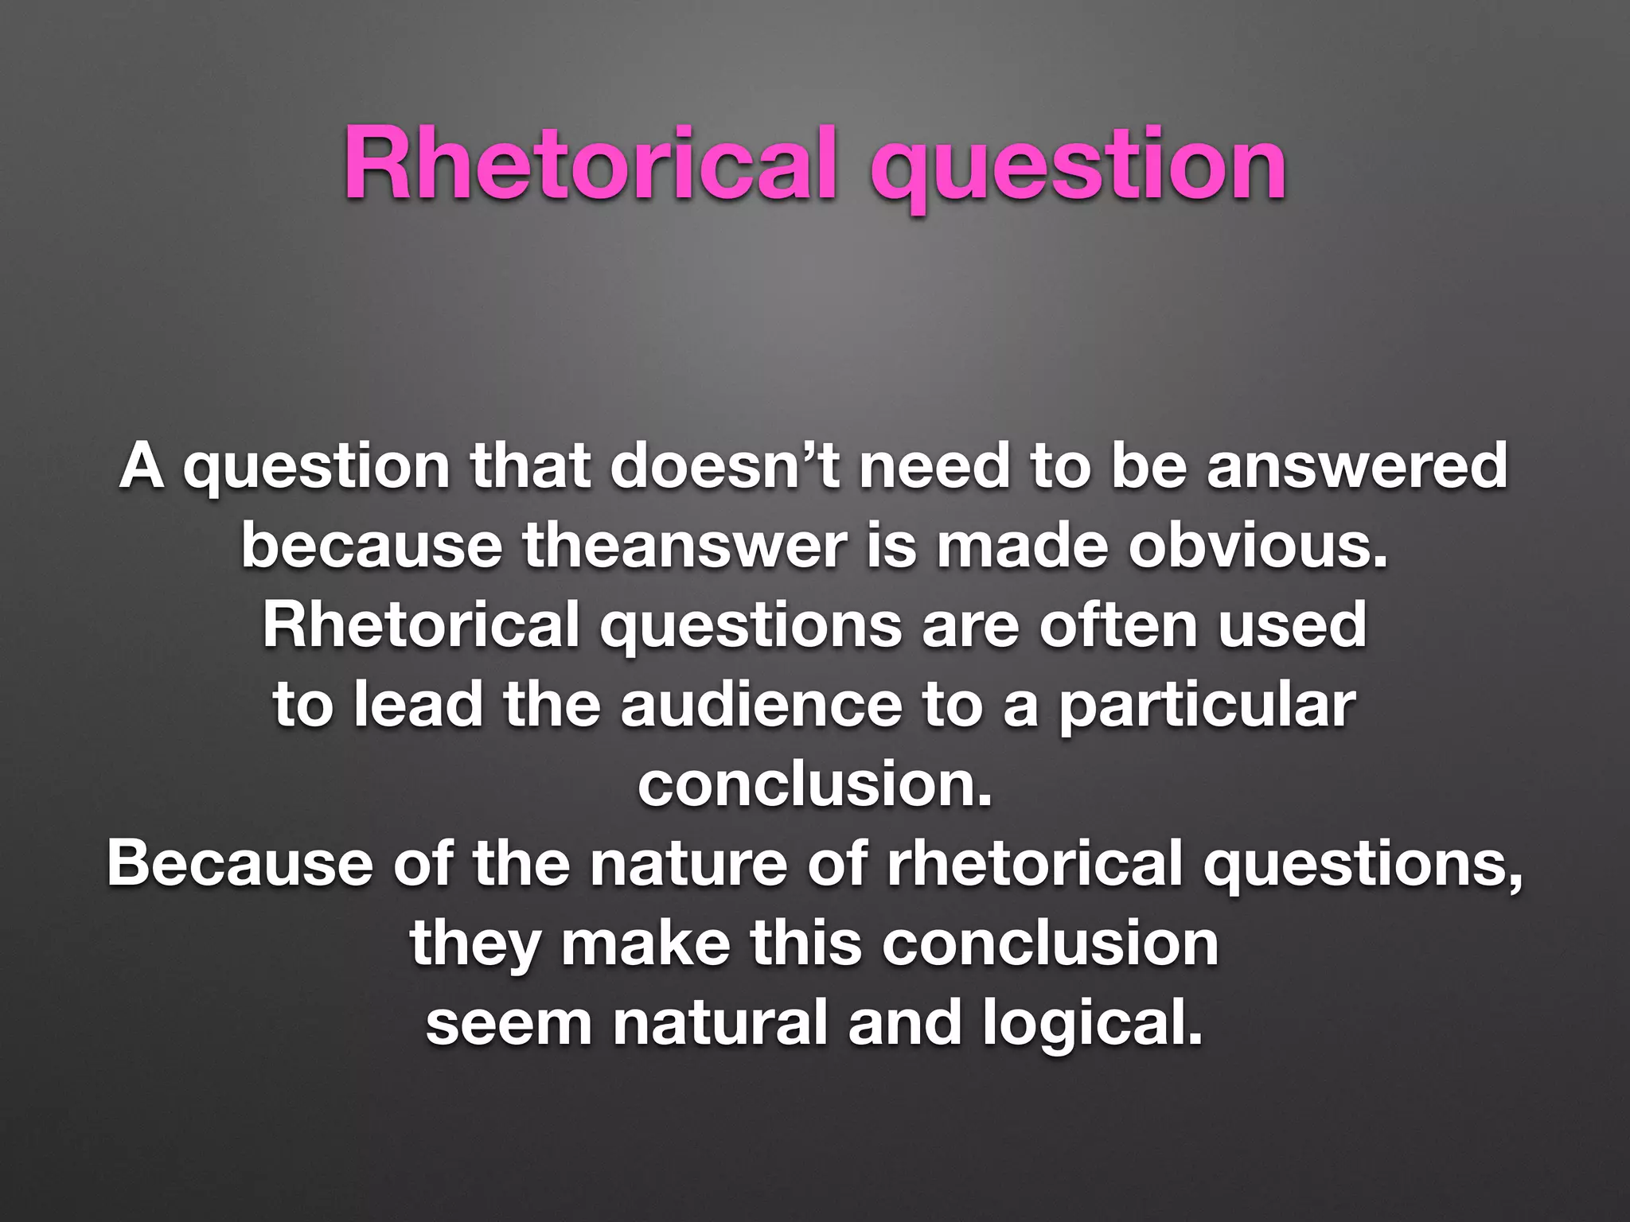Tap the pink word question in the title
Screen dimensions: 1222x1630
[x=1078, y=167]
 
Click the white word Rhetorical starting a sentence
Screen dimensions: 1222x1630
[x=421, y=625]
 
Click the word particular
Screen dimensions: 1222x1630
[x=1207, y=706]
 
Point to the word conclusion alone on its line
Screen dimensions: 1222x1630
[x=815, y=784]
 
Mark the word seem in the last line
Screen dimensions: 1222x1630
[x=509, y=1023]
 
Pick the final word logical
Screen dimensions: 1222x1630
[x=1091, y=1025]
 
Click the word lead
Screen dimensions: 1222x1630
[x=419, y=705]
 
